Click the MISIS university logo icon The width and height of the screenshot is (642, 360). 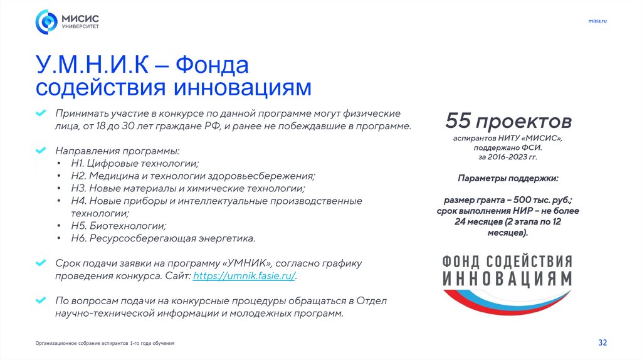[x=46, y=22]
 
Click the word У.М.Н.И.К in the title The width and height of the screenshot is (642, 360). [x=93, y=65]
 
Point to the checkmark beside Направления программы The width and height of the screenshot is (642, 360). [x=40, y=151]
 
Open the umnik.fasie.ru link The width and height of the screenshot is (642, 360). [x=244, y=276]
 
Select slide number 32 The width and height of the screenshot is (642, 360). [x=603, y=342]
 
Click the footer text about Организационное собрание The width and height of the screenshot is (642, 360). [x=105, y=344]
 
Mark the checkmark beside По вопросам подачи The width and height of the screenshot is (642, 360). [x=40, y=300]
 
